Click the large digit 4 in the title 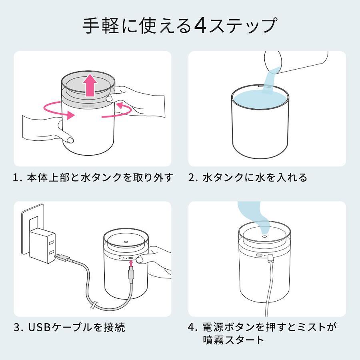(200, 25)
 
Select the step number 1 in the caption (16, 178)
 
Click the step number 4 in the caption (192, 327)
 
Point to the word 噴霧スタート (234, 340)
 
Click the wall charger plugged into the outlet (43, 246)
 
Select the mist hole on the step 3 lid (126, 242)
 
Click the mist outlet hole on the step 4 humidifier (264, 236)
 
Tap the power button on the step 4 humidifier (259, 255)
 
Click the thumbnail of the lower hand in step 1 (70, 139)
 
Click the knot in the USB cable (94, 305)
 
